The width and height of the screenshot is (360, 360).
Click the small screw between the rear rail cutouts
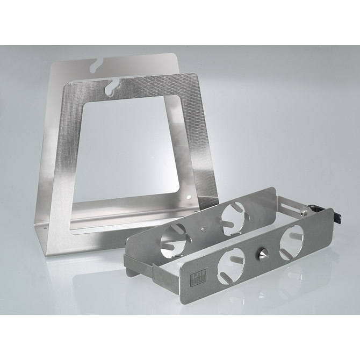(203, 230)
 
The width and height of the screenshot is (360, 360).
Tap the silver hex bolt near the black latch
(305, 213)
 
